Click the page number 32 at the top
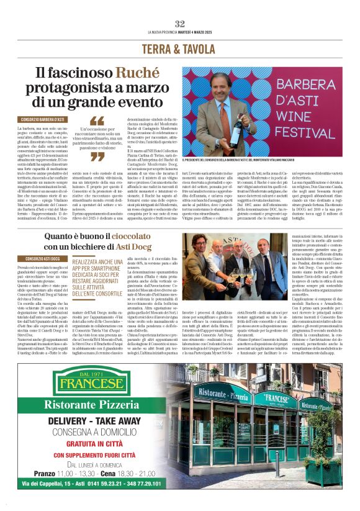[x=180, y=24]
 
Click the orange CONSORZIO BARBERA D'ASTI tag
[x=43, y=119]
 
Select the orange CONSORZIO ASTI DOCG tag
[x=43, y=258]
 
